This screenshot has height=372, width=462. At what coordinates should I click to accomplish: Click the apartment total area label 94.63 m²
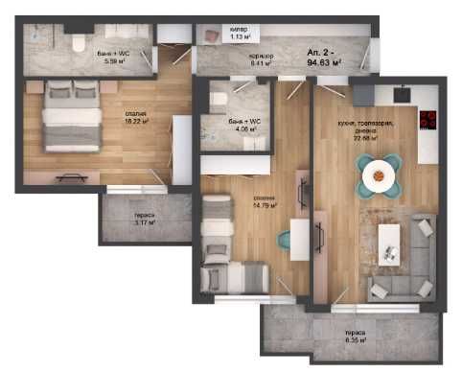click(x=325, y=60)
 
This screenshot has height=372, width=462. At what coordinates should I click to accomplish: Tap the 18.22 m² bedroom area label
click(x=135, y=123)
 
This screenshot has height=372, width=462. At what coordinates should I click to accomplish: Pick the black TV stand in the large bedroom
click(x=72, y=176)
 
